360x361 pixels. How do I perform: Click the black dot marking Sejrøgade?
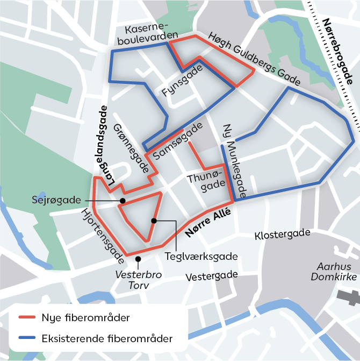pyautogui.click(x=123, y=201)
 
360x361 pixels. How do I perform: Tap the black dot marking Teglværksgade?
pyautogui.click(x=154, y=221)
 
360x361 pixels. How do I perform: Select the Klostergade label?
pyautogui.click(x=283, y=235)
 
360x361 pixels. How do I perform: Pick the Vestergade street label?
pyautogui.click(x=212, y=276)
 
